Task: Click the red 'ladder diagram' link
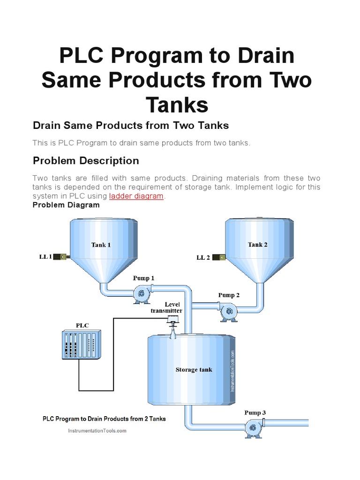[136, 196]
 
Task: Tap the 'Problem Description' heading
[86, 161]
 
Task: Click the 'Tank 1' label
[101, 245]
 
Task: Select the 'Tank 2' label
[257, 244]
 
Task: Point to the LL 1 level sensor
[61, 256]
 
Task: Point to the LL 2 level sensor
[219, 257]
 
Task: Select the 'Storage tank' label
[194, 369]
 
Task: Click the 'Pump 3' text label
[255, 412]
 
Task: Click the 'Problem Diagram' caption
[66, 205]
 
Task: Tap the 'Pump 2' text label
[228, 295]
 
